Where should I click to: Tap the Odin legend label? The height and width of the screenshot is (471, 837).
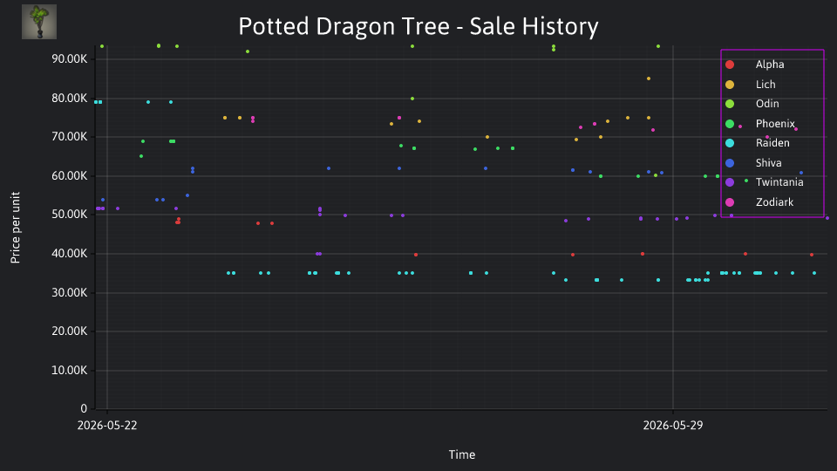767,104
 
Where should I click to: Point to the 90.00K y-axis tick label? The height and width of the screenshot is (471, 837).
70,58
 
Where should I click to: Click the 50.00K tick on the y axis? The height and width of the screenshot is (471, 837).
70,215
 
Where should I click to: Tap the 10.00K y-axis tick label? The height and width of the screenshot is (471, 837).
70,370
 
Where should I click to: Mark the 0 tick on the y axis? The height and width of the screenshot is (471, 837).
84,408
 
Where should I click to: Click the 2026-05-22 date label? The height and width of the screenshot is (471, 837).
107,425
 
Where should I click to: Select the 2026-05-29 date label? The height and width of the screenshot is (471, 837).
673,425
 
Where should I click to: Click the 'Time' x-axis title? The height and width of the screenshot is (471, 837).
462,454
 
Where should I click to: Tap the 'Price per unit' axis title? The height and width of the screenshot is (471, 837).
16,228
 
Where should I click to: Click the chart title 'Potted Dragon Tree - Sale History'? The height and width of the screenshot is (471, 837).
418,26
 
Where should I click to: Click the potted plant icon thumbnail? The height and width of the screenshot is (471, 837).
39,22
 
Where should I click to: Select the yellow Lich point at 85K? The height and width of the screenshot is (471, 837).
649,78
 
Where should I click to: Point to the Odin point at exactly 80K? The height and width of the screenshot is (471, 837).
412,99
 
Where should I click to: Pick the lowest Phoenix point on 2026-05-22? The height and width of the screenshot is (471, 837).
141,156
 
